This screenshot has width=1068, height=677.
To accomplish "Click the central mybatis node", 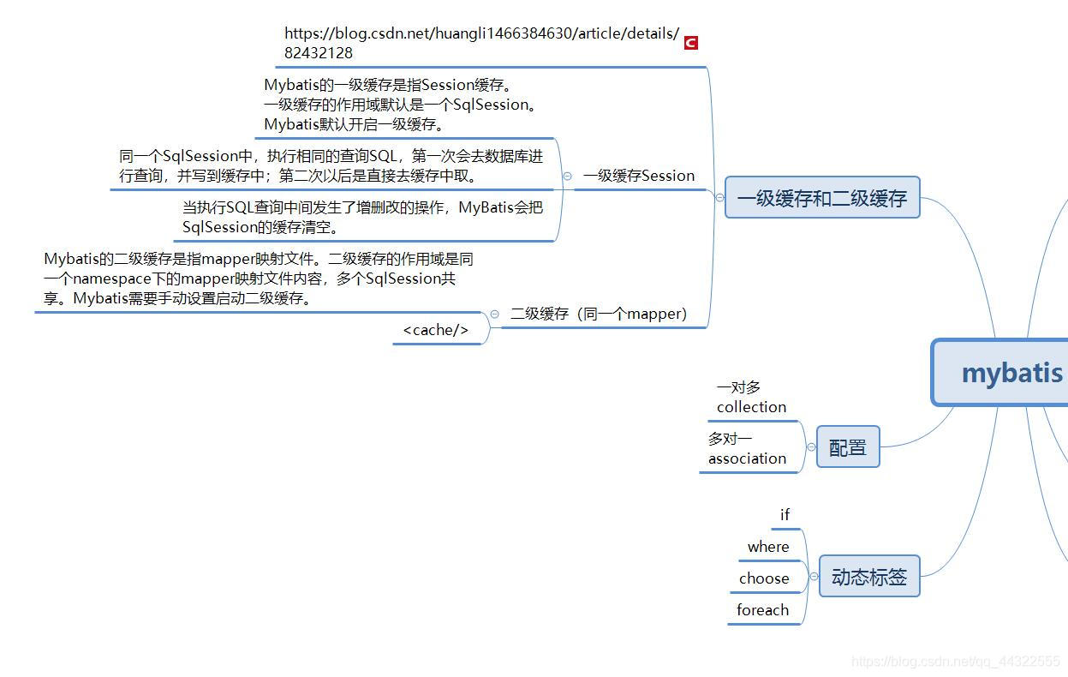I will pyautogui.click(x=1011, y=373).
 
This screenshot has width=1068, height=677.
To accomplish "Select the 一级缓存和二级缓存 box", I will pyautogui.click(x=821, y=198).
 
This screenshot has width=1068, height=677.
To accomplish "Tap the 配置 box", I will pyautogui.click(x=847, y=446).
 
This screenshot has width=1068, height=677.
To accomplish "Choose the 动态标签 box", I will pyautogui.click(x=868, y=577).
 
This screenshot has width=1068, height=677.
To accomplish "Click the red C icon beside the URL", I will pyautogui.click(x=691, y=43).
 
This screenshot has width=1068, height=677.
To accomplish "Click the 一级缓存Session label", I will pyautogui.click(x=638, y=176).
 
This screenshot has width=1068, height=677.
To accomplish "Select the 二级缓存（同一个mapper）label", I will pyautogui.click(x=599, y=314).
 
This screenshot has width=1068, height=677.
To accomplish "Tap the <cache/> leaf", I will pyautogui.click(x=436, y=330).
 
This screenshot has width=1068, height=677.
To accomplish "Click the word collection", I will pyautogui.click(x=751, y=407).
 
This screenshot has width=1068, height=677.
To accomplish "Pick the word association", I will pyautogui.click(x=747, y=458).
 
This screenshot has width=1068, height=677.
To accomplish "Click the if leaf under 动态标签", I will pyautogui.click(x=785, y=515).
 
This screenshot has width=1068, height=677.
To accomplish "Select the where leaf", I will pyautogui.click(x=768, y=547).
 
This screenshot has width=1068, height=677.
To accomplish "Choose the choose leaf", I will pyautogui.click(x=764, y=578).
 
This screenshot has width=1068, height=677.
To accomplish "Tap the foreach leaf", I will pyautogui.click(x=762, y=610).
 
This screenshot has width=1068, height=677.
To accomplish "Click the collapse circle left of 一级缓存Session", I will pyautogui.click(x=567, y=176).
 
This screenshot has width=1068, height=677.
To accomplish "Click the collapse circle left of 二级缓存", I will pyautogui.click(x=494, y=315).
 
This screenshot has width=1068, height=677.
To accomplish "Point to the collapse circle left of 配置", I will pyautogui.click(x=811, y=446).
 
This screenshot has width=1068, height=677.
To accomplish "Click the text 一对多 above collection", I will pyautogui.click(x=738, y=388).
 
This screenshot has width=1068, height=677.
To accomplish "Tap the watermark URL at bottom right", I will pyautogui.click(x=956, y=661).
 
